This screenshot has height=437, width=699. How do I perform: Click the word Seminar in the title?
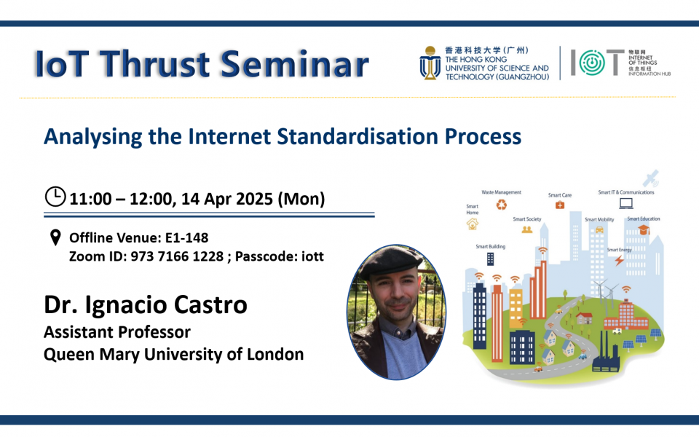tap(295, 64)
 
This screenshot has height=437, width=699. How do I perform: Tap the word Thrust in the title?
tap(154, 64)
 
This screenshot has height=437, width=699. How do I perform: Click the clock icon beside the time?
tap(55, 196)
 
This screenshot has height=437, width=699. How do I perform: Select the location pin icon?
tap(55, 237)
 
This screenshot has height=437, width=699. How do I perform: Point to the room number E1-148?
tap(187, 237)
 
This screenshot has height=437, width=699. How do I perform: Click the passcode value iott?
tap(312, 256)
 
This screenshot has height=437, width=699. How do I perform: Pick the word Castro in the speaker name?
tap(210, 305)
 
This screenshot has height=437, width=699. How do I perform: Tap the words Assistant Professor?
tap(117, 332)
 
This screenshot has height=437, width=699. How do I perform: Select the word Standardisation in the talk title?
tap(358, 136)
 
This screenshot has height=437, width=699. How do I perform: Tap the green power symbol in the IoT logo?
tap(592, 63)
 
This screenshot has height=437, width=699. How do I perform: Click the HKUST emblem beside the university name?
tap(430, 63)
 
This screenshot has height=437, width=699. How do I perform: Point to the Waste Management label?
tap(501, 192)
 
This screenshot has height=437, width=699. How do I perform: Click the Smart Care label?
tap(560, 195)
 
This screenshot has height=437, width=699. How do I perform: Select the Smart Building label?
tap(490, 247)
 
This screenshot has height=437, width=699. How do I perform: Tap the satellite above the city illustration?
tap(650, 178)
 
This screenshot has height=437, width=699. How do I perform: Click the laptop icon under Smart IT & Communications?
tap(626, 203)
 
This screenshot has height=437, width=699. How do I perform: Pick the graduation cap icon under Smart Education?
tap(643, 229)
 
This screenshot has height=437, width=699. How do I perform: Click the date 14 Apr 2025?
tap(227, 199)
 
